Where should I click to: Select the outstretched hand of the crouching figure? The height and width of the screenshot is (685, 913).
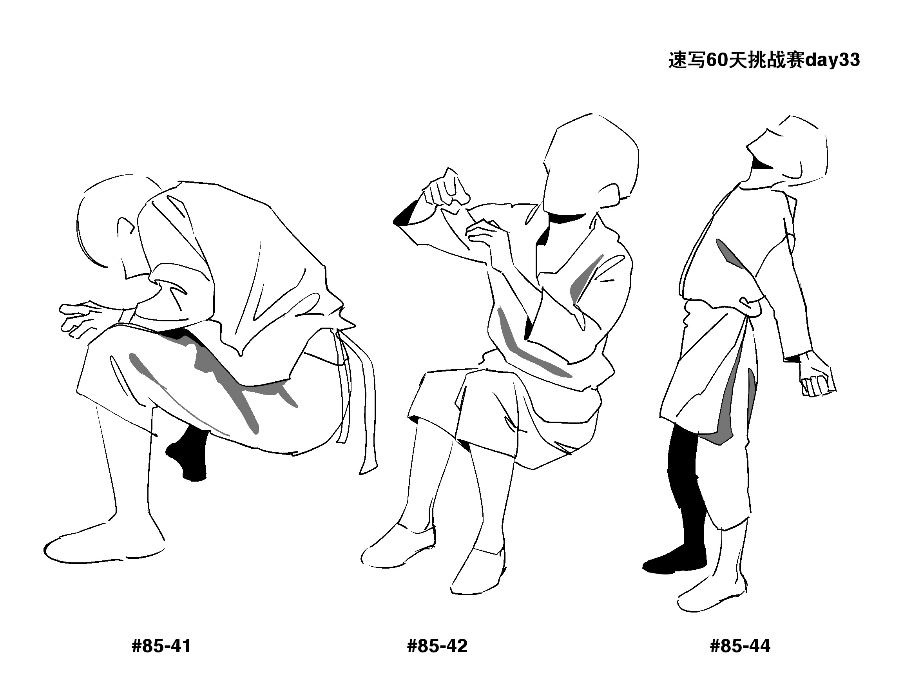point(83,318)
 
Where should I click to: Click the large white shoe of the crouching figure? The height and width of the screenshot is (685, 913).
point(103,547)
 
